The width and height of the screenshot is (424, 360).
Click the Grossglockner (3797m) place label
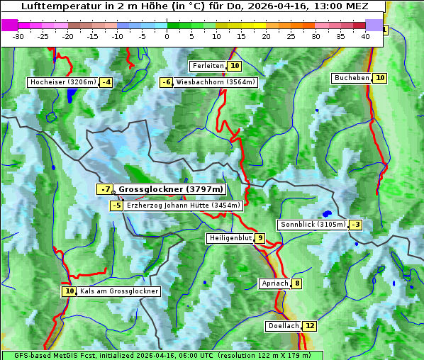pyautogui.click(x=170, y=189)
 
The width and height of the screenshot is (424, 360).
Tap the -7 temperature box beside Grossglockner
pyautogui.click(x=105, y=189)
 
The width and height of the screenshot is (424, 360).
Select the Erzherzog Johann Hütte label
pyautogui.click(x=184, y=206)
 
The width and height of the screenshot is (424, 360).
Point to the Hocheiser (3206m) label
pyautogui.click(x=62, y=82)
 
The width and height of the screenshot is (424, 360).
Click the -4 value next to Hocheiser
pyautogui.click(x=106, y=82)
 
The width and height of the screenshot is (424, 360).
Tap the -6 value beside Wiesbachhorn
pyautogui.click(x=166, y=82)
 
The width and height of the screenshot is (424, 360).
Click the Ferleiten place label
pyautogui.click(x=208, y=66)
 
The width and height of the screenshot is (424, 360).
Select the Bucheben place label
pyautogui.click(x=352, y=78)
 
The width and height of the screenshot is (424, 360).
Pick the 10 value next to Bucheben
pyautogui.click(x=380, y=78)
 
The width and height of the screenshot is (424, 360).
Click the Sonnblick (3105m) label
pyautogui.click(x=313, y=225)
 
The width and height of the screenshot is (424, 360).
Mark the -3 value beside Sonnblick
pyautogui.click(x=355, y=225)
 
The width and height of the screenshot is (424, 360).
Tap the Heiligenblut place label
pyautogui.click(x=230, y=238)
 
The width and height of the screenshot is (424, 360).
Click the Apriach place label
pyautogui.click(x=275, y=283)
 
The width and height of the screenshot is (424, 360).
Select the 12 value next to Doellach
pyautogui.click(x=310, y=326)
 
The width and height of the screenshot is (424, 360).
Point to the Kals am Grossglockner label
pyautogui.click(x=118, y=291)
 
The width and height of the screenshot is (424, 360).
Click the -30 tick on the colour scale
pyautogui.click(x=18, y=36)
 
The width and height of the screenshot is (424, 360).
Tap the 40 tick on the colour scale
pyautogui.click(x=365, y=36)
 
